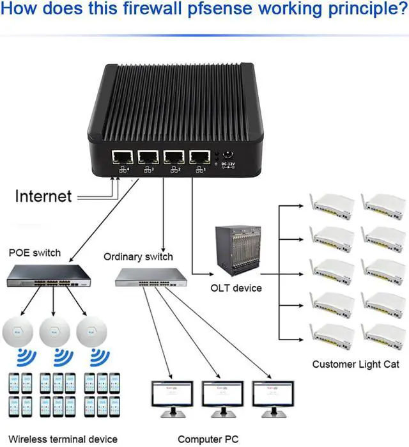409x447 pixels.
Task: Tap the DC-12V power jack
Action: [228, 155]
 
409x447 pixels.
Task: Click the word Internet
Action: [43, 196]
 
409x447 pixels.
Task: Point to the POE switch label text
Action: [35, 252]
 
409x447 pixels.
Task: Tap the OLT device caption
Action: [236, 288]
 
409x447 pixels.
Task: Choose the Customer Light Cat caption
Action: [351, 365]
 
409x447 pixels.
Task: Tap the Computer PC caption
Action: [208, 439]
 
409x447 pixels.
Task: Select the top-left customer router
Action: [332, 203]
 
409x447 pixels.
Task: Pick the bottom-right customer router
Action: [382, 335]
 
